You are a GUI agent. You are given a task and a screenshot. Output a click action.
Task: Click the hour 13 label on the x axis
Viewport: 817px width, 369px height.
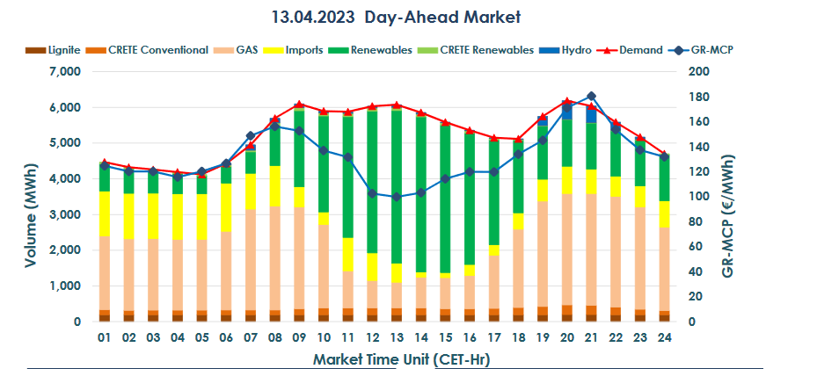point(397,338)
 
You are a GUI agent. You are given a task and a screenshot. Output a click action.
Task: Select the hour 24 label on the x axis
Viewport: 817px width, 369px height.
point(664,338)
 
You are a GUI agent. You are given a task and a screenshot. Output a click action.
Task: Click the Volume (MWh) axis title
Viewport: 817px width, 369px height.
point(28,197)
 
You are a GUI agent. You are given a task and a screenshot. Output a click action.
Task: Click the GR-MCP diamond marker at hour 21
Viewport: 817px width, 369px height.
point(591,96)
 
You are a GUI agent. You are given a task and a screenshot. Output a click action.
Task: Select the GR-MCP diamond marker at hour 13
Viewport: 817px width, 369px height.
point(397,197)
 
